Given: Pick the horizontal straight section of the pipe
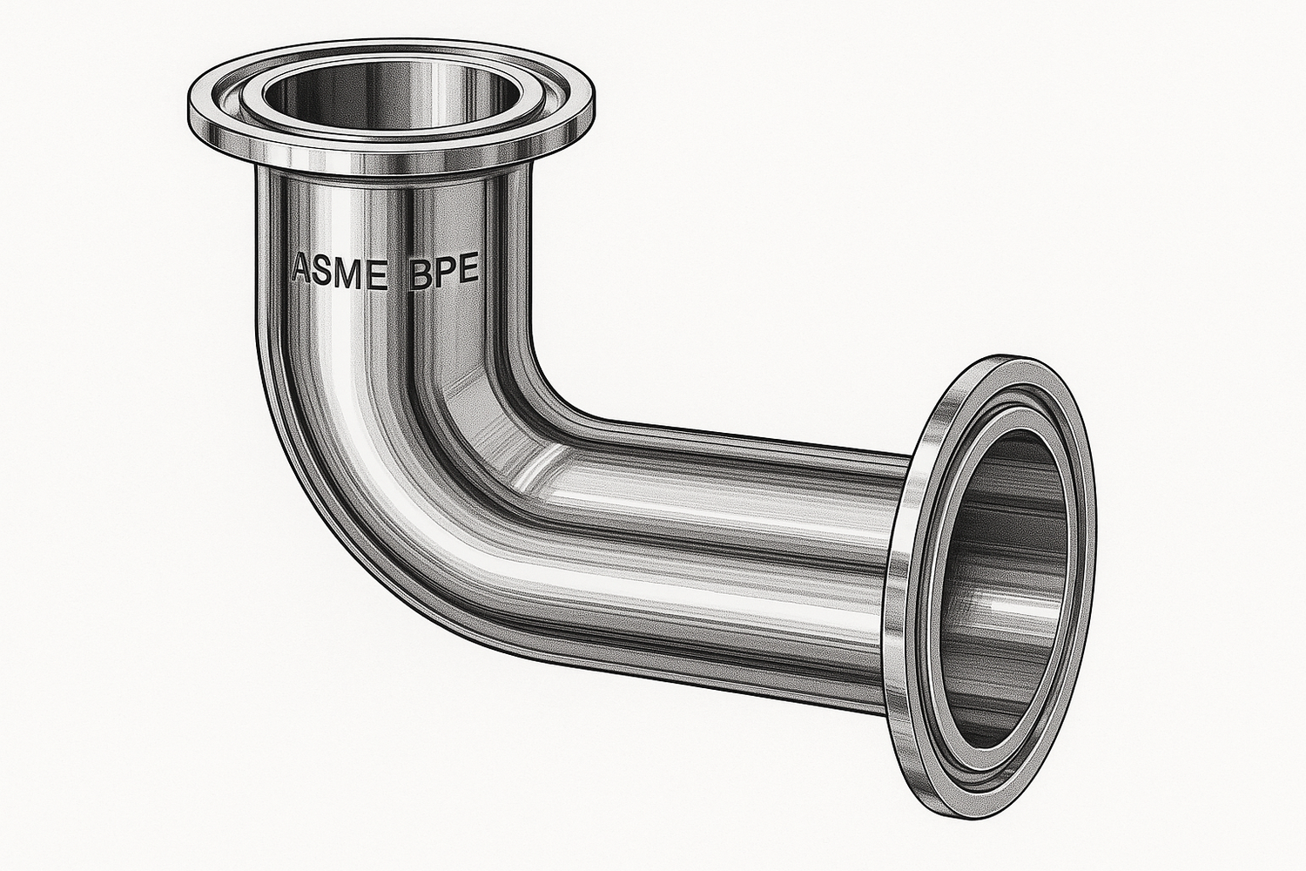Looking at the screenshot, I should click(740, 540).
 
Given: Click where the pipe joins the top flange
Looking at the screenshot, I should click(392, 174).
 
